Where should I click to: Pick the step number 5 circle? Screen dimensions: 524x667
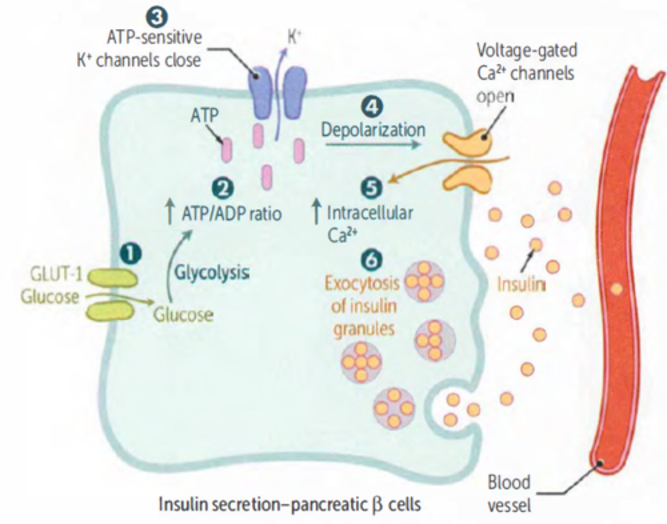(x=371, y=188)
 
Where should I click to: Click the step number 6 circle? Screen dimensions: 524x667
(x=371, y=260)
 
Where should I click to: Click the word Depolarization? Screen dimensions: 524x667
(x=373, y=130)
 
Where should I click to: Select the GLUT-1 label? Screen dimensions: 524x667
(x=56, y=275)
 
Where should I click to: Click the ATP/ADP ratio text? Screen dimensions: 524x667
(x=232, y=214)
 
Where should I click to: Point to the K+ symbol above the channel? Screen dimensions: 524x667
(x=294, y=37)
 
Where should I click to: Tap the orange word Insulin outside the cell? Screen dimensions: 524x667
(x=520, y=284)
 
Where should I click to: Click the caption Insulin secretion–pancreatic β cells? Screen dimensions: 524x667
(x=289, y=504)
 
